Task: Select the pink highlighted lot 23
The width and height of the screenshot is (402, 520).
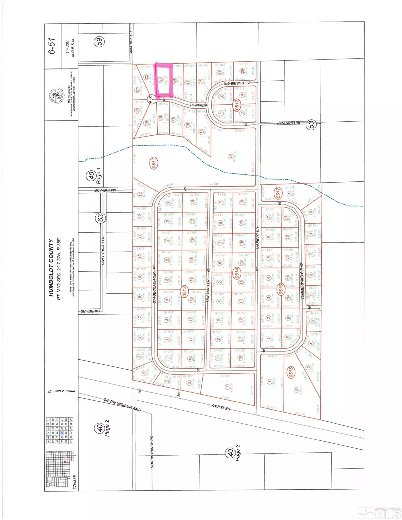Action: point(162,80)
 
